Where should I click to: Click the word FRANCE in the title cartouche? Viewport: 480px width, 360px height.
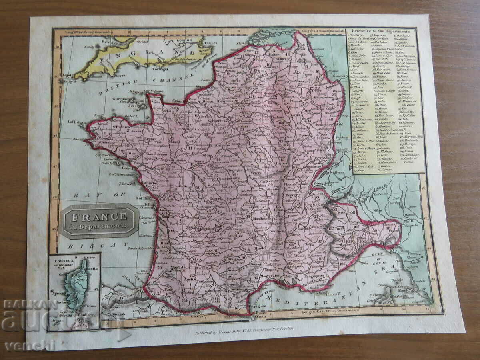pos(99,217)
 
